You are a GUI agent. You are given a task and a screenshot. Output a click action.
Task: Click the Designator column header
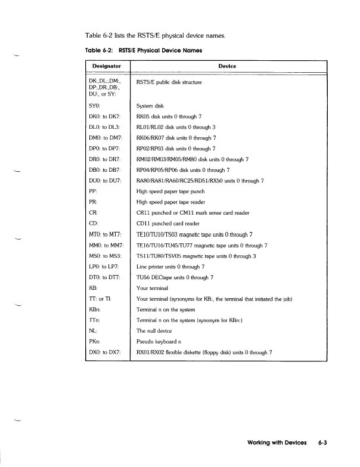107,66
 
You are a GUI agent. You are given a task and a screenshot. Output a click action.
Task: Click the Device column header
227,66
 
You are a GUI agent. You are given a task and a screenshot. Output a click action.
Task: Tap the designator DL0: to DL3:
104,127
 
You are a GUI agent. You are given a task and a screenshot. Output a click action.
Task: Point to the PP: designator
92,191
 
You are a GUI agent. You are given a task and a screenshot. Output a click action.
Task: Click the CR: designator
92,213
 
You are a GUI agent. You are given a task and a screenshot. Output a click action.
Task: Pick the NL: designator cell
92,330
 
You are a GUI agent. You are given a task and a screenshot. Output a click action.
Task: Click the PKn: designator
94,341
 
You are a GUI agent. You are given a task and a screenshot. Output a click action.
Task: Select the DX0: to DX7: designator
105,352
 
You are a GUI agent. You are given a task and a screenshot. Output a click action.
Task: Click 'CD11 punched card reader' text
172,224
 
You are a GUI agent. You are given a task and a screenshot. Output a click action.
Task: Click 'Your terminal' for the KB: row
154,287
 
